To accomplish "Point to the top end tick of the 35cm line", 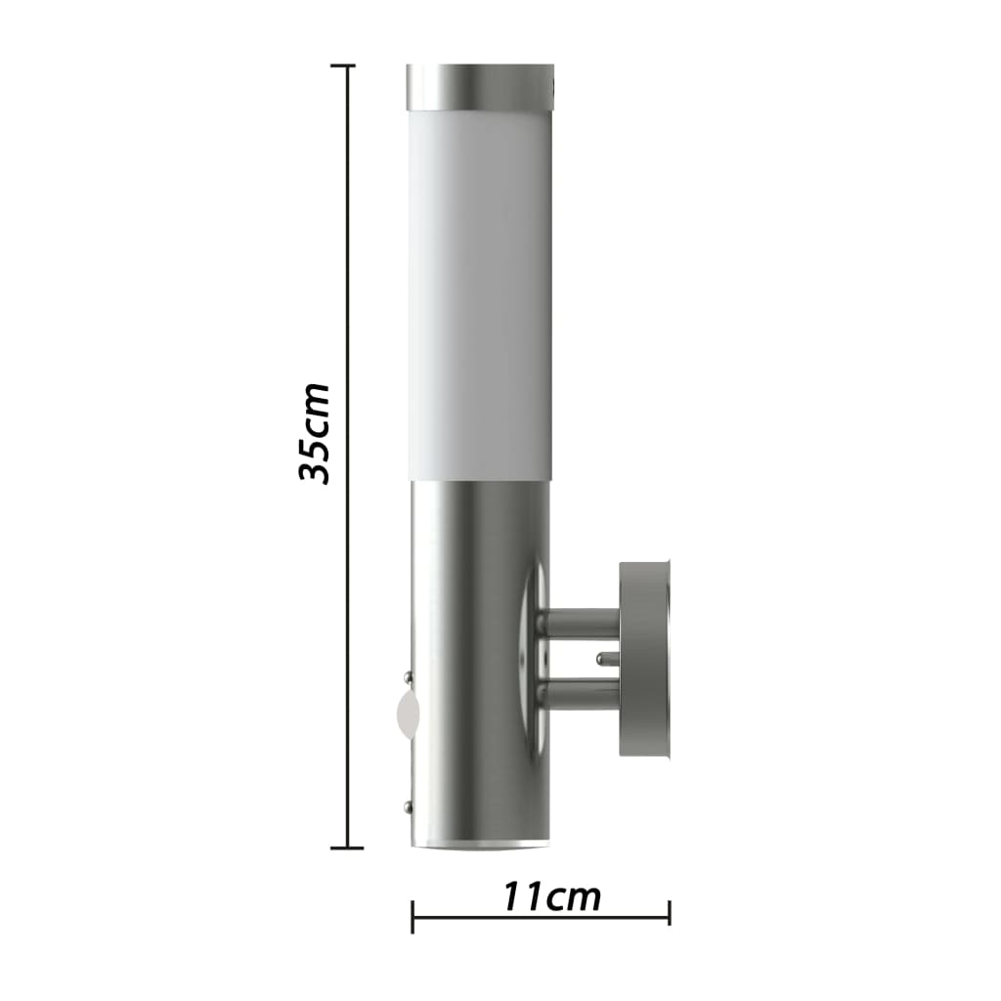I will point(343,66).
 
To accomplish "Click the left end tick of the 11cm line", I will point(413,916).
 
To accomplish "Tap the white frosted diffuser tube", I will point(479,293).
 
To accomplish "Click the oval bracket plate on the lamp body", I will point(534,655).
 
